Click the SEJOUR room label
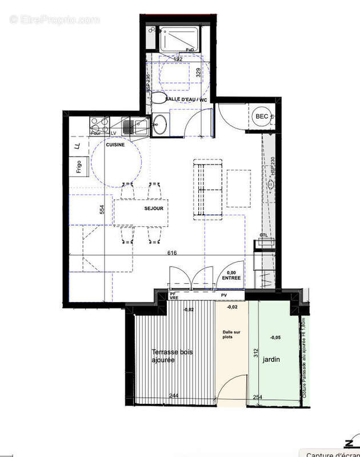(154, 209)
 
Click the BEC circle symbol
(262, 117)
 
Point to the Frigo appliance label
(78, 167)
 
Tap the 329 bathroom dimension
(199, 73)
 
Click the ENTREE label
(231, 278)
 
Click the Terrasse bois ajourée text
(172, 356)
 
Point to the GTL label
(263, 235)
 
